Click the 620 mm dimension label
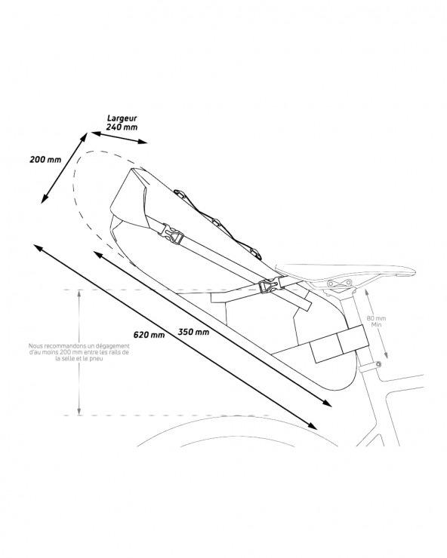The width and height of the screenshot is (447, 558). (149, 335)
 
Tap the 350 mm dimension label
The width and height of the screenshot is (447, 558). (193, 332)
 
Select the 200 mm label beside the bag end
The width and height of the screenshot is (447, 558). (45, 159)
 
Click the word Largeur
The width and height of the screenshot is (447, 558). (122, 119)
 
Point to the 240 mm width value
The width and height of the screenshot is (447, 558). (122, 127)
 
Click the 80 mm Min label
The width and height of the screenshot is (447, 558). (377, 321)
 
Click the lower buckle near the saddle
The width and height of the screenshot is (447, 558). (268, 286)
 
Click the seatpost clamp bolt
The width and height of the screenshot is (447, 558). (378, 363)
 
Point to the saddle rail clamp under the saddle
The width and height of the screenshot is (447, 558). (338, 284)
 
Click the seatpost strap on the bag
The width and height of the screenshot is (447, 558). (339, 343)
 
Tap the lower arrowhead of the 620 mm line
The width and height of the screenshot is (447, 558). (313, 425)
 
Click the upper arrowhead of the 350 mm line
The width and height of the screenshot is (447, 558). (98, 254)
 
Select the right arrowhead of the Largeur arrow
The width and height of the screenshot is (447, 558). (143, 142)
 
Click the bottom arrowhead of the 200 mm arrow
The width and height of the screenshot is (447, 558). (45, 199)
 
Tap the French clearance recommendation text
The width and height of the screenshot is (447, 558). (79, 352)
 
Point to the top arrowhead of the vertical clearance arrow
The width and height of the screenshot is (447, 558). (79, 294)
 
